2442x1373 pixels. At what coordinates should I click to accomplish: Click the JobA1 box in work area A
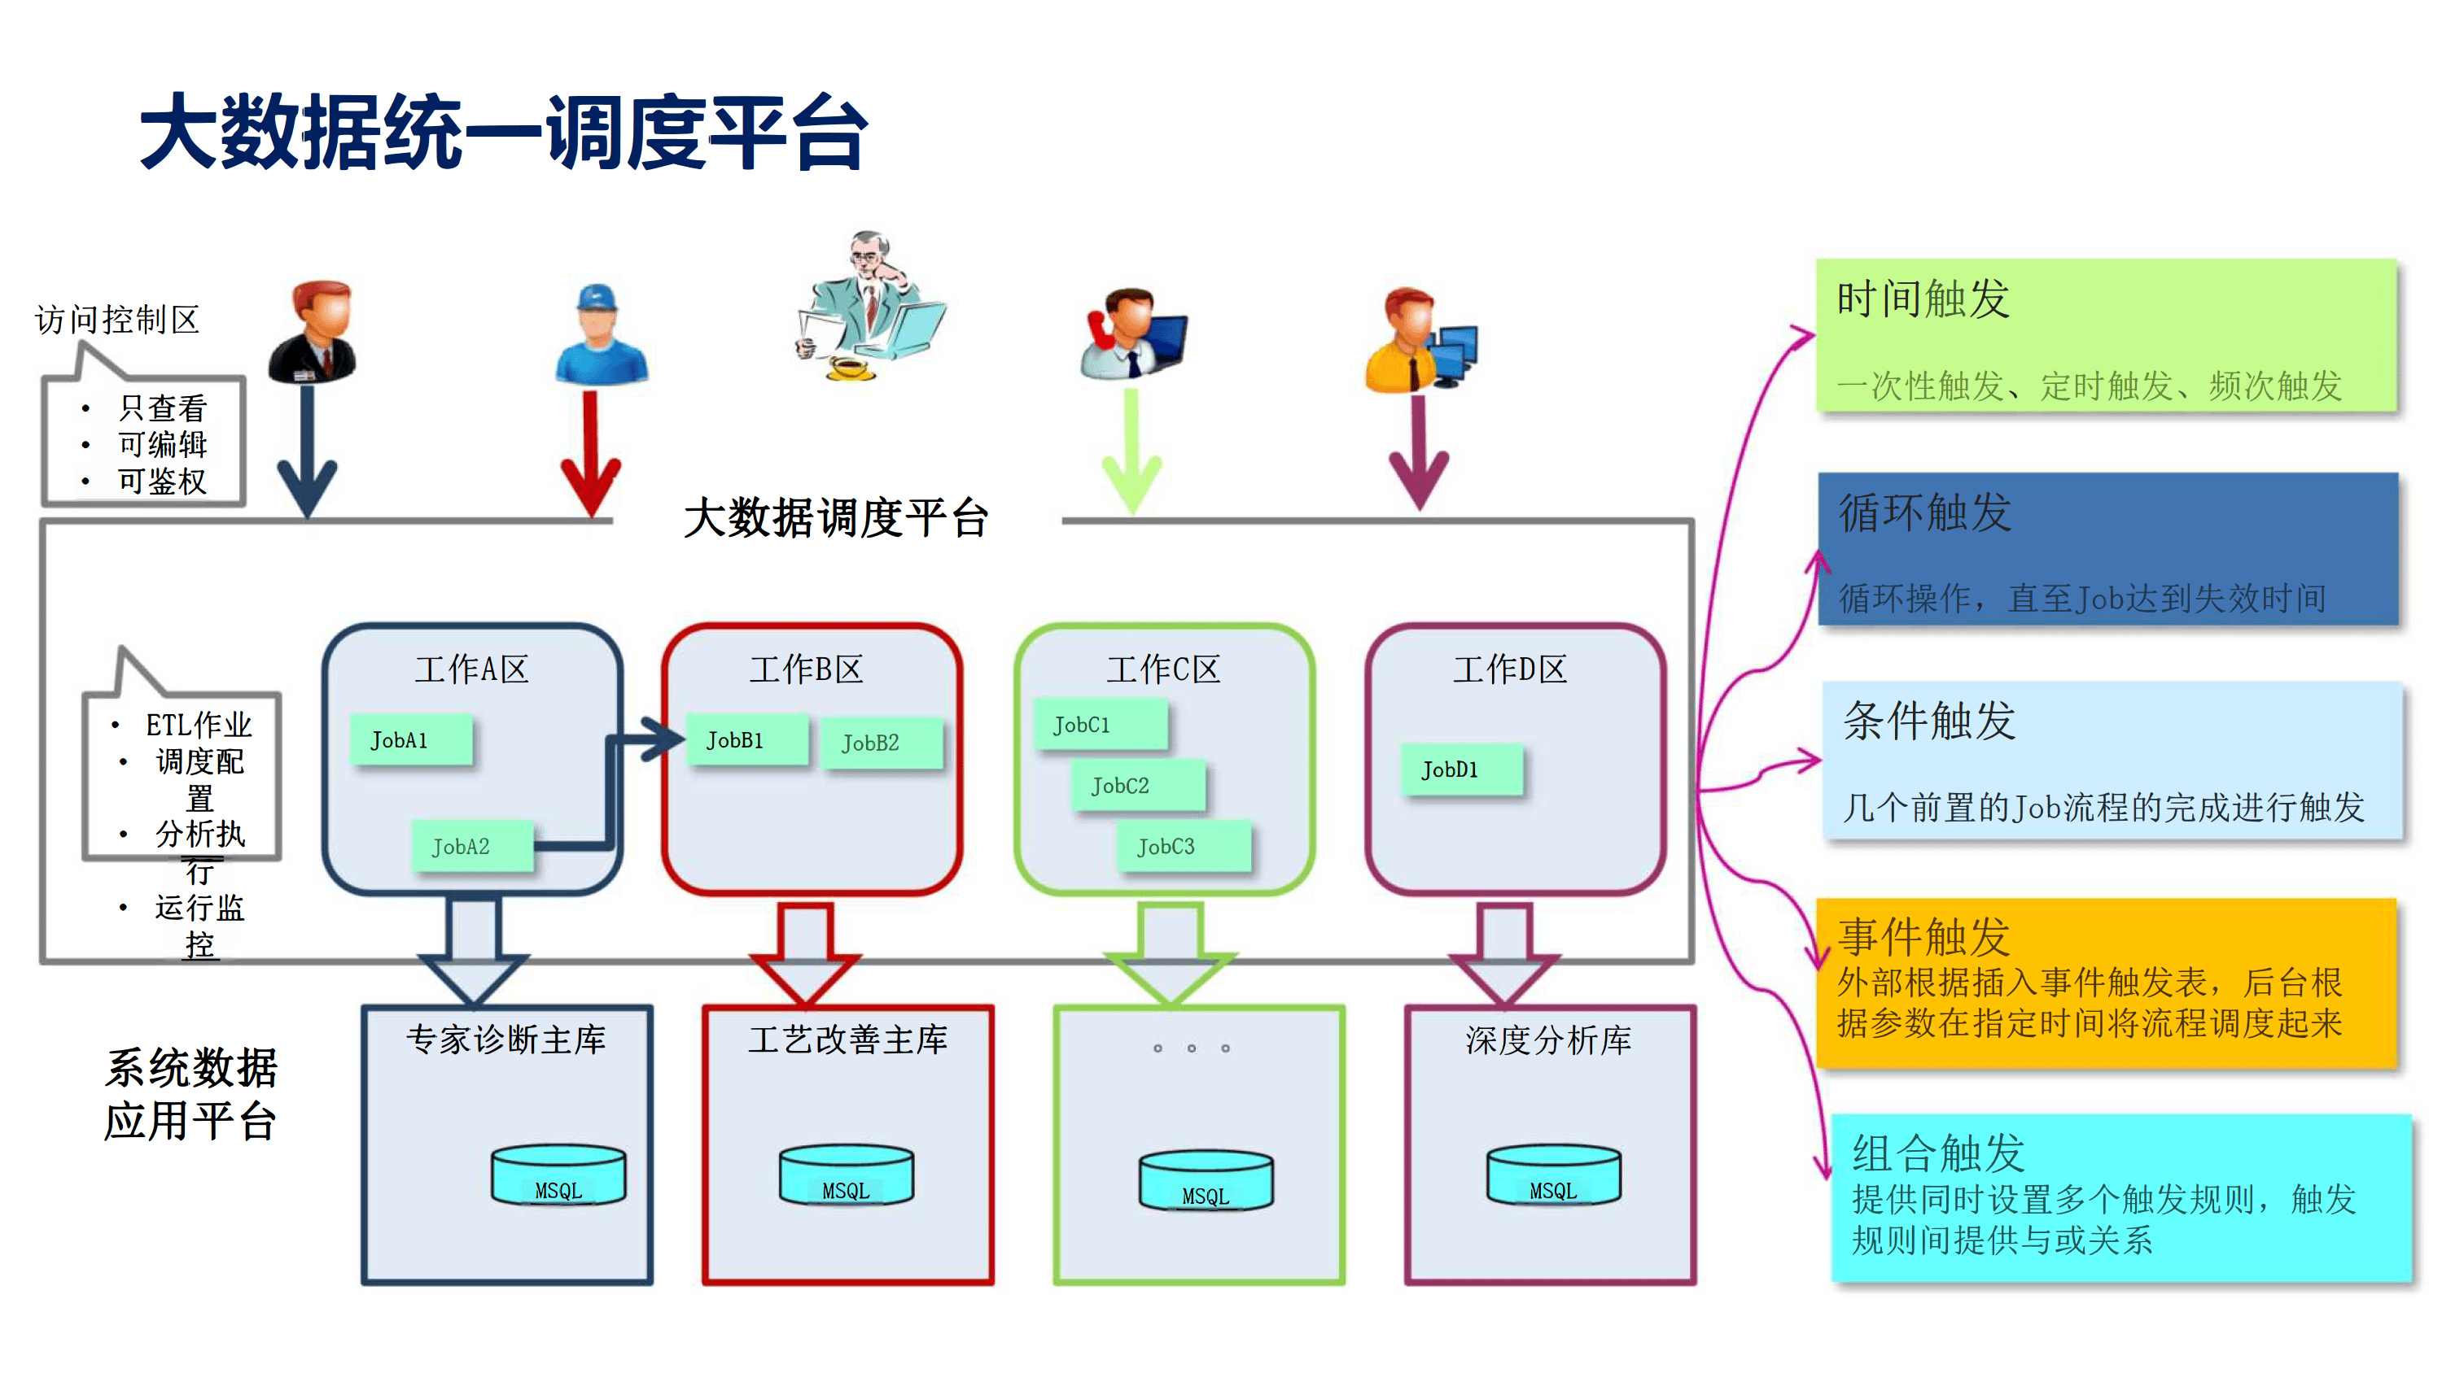410,739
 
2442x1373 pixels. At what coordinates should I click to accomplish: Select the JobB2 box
881,742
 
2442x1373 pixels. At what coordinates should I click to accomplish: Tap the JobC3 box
1182,846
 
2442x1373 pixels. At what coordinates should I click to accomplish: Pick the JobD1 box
1462,769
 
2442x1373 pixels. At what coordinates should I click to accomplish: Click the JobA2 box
472,846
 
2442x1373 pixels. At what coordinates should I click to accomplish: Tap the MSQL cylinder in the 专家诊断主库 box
558,1175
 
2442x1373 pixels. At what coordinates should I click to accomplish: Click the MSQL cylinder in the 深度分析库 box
1553,1175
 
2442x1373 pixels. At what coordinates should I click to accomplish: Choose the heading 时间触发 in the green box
1923,299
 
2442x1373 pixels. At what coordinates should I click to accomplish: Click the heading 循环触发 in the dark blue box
1925,512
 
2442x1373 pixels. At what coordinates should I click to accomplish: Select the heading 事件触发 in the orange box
1923,936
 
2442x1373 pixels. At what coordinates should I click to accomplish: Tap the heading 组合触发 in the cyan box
1939,1153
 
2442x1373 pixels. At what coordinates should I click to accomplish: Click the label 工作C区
1163,669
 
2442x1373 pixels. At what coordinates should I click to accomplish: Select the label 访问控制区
117,320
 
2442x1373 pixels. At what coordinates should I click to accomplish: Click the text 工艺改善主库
847,1040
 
